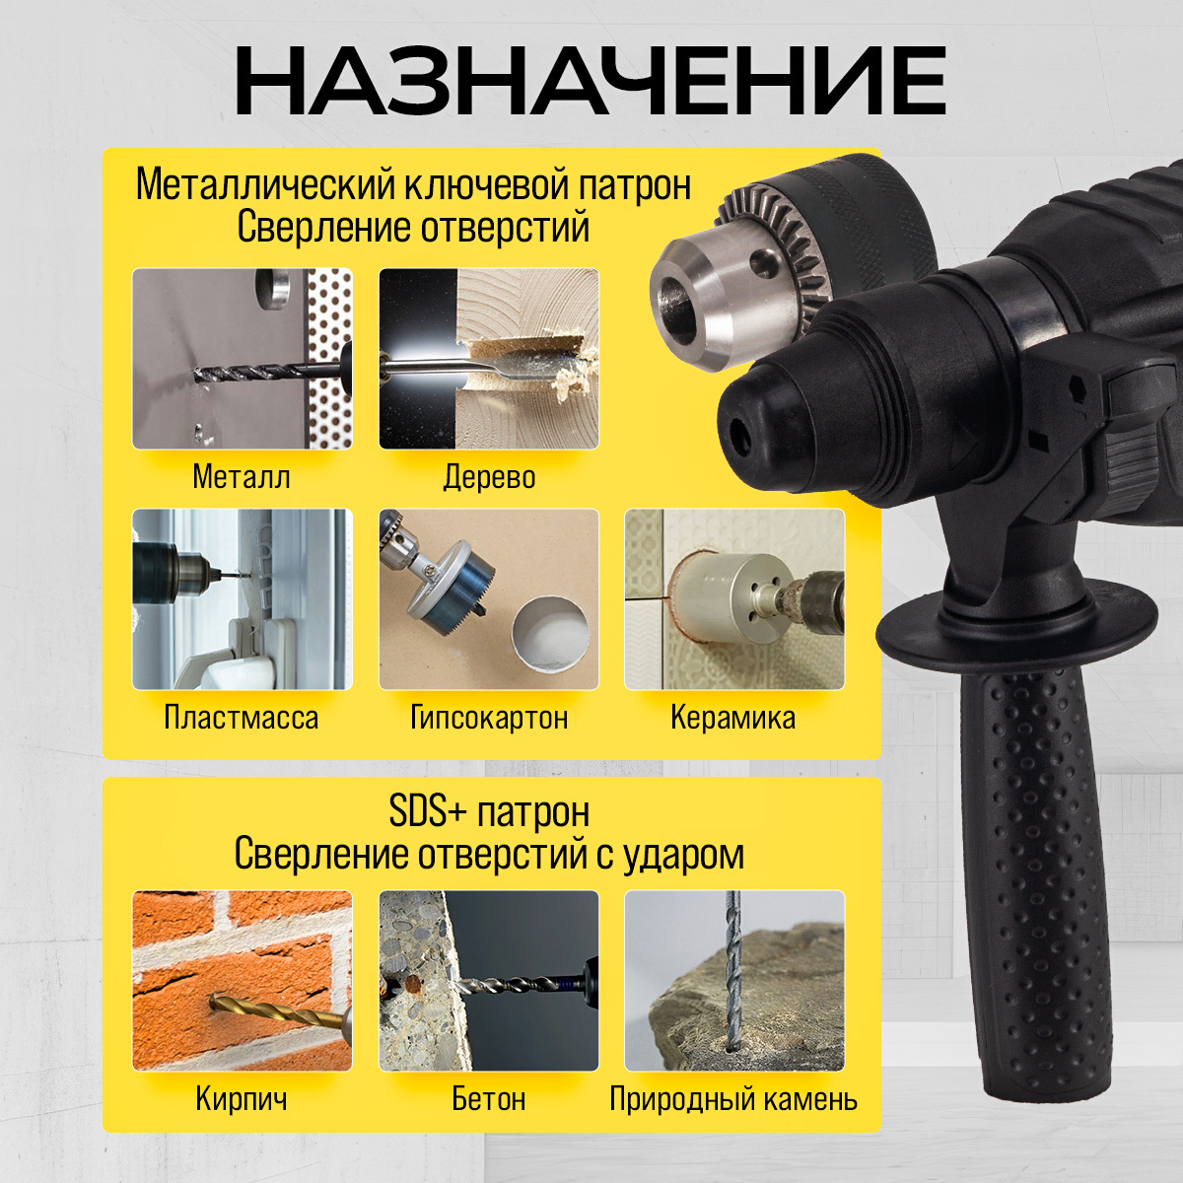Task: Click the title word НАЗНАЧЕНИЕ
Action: tap(591, 81)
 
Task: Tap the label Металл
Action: tap(242, 477)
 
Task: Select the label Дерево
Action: tap(489, 477)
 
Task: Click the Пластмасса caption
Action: tap(242, 717)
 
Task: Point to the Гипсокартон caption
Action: tap(489, 717)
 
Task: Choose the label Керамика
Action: tap(733, 717)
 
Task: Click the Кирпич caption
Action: tap(242, 1098)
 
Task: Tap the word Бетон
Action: tap(489, 1098)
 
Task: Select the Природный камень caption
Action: tap(733, 1099)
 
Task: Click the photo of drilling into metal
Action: tap(243, 359)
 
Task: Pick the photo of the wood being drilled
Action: tap(489, 359)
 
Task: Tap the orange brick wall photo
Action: tap(243, 981)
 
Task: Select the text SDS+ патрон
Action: tap(489, 812)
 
